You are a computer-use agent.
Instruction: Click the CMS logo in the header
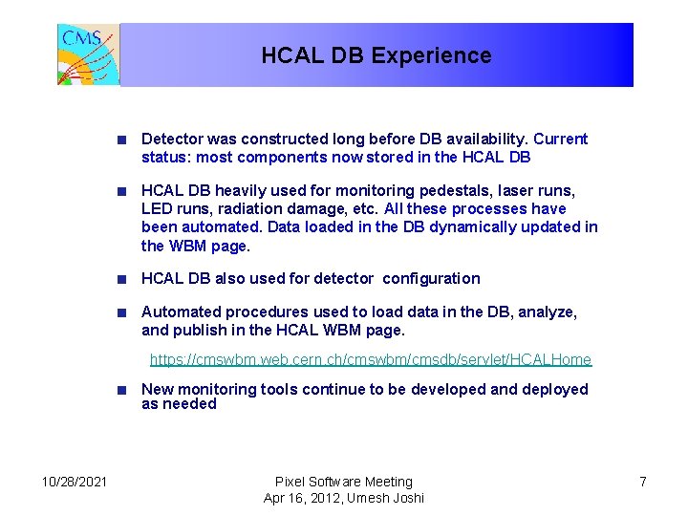click(88, 54)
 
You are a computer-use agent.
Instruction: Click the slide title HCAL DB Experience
click(376, 55)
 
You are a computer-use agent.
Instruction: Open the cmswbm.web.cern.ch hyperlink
click(371, 360)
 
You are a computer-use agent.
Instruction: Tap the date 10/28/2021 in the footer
click(75, 482)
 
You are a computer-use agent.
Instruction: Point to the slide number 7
click(642, 482)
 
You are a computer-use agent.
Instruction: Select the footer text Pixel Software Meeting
click(343, 482)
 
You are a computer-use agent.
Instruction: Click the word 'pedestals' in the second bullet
click(446, 191)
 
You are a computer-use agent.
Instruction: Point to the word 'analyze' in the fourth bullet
click(547, 312)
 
